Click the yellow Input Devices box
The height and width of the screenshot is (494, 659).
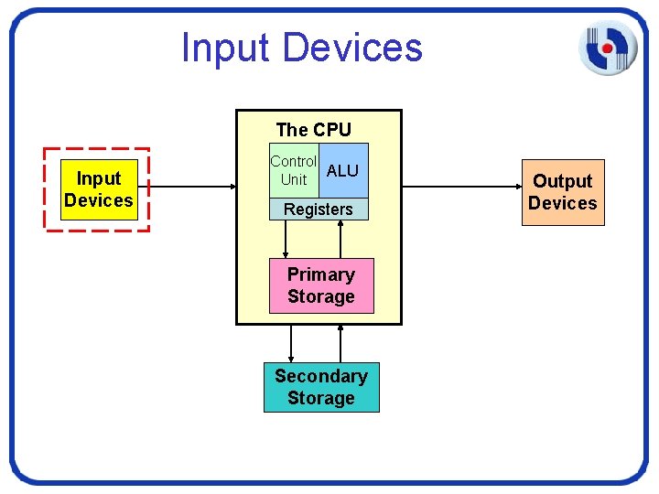point(99,189)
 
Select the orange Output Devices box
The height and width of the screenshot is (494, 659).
point(563,192)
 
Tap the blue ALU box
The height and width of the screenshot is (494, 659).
point(343,170)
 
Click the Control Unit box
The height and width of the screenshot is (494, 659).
point(294,170)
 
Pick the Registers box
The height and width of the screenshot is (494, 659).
point(319,209)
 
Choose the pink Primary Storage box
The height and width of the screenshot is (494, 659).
point(321,285)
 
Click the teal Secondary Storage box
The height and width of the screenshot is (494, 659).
point(321,387)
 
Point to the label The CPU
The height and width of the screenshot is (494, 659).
point(313,130)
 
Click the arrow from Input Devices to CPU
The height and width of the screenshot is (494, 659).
point(188,188)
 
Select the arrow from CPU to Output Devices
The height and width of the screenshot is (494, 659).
point(461,188)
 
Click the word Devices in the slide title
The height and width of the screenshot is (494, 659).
point(353,48)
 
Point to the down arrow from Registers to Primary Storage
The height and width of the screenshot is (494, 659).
point(286,240)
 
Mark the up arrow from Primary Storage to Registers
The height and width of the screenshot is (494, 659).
point(340,240)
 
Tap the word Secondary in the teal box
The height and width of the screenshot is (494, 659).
point(321,376)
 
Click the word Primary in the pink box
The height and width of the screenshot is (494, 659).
point(321,274)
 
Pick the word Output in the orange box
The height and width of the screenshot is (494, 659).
point(563,181)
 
